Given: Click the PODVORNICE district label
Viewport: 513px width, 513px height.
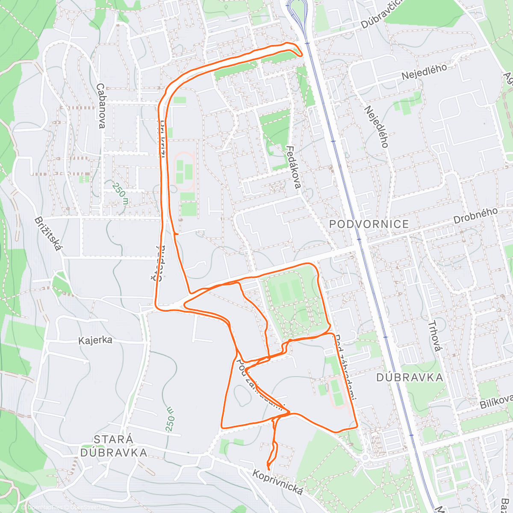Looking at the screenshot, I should click(369, 224).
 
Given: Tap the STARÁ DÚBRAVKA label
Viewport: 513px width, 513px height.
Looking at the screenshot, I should click(114, 446).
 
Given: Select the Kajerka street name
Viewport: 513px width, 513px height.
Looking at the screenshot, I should click(95, 340).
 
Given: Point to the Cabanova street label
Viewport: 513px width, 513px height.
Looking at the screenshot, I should click(101, 106).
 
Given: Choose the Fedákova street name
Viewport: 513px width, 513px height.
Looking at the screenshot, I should click(294, 167).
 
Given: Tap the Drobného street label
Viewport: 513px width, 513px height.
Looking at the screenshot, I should click(475, 216).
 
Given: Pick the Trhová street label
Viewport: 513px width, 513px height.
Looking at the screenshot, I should click(434, 336).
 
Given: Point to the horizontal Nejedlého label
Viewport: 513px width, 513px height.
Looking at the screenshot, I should click(424, 71).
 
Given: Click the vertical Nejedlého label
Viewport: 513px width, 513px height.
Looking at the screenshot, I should click(376, 127).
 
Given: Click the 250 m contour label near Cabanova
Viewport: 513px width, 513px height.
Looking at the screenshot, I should click(121, 193).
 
